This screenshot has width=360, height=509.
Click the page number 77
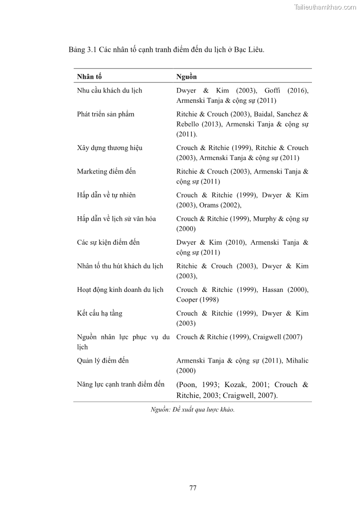pos(193,488)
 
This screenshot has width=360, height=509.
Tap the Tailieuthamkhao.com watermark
pos(325,7)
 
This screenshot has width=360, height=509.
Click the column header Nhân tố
pos(89,77)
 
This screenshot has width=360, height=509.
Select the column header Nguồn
pos(186,77)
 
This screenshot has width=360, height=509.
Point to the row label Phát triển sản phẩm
pos(106,114)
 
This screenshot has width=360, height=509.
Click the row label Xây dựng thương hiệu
pos(110,148)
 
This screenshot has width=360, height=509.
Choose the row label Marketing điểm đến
pos(106,171)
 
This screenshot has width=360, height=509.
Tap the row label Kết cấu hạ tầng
pos(100,313)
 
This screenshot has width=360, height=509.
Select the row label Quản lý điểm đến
pos(103,360)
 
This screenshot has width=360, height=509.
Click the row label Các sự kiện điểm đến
pos(108,242)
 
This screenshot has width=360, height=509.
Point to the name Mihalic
pos(297,360)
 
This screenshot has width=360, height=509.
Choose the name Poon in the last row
pos(188,385)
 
